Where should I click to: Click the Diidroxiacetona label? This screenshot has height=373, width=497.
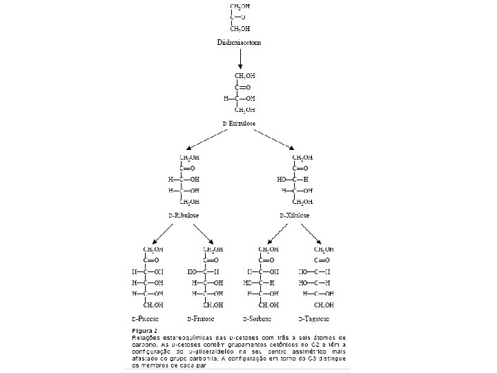[240, 42]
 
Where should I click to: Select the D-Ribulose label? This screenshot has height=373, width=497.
[184, 216]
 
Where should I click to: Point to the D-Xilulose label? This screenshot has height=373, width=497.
[295, 216]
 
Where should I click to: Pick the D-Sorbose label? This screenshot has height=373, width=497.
[257, 320]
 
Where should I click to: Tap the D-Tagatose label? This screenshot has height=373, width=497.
[313, 320]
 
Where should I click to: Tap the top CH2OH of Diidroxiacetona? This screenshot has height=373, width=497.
[240, 6]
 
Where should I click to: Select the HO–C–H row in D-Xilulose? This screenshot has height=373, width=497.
[293, 179]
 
